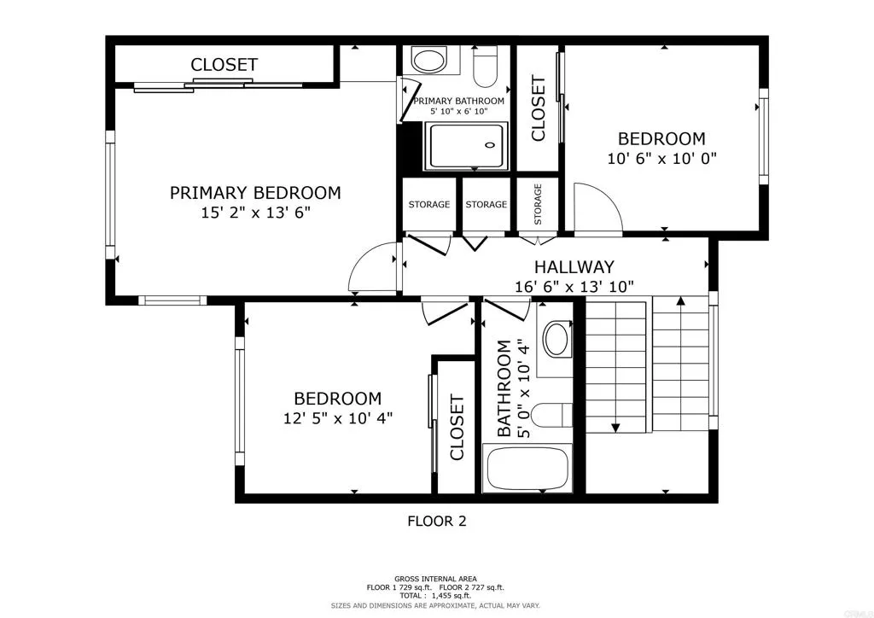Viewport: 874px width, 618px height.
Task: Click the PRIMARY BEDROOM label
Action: [x=254, y=193]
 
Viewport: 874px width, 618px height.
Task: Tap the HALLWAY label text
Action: [x=574, y=267]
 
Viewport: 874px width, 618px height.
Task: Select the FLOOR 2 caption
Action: [x=436, y=521]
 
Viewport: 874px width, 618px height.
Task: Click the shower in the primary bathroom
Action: [x=466, y=146]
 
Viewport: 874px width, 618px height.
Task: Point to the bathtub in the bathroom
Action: [x=526, y=469]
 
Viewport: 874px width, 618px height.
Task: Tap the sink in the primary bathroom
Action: [x=424, y=59]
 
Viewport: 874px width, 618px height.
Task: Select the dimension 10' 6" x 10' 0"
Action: [x=661, y=158]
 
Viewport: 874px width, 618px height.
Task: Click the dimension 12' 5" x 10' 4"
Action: [x=337, y=418]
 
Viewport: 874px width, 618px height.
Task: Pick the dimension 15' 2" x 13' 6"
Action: [x=254, y=213]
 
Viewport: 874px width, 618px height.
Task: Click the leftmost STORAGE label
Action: [x=428, y=205]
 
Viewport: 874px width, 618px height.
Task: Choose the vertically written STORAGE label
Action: [x=539, y=205]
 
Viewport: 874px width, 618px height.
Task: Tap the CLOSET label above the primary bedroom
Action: [x=224, y=65]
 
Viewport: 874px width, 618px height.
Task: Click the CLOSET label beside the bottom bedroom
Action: [x=457, y=427]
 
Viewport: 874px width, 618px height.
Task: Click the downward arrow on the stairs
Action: [x=614, y=427]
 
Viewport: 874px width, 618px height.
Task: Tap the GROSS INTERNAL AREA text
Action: [x=436, y=579]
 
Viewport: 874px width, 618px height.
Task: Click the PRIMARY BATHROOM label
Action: [x=458, y=101]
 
